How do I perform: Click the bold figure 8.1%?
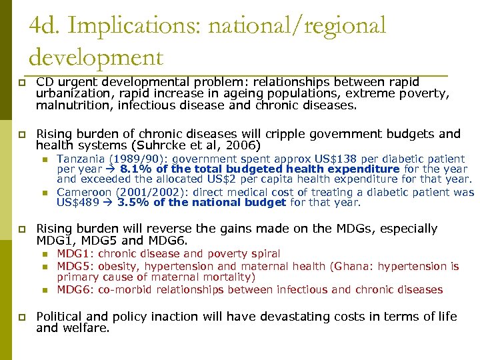(132, 169)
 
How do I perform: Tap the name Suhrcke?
(163, 145)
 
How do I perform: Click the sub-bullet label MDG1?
(74, 253)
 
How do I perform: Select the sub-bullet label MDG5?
(74, 266)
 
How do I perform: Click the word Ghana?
(353, 266)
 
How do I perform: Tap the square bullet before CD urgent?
(21, 83)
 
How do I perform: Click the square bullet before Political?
(21, 317)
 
